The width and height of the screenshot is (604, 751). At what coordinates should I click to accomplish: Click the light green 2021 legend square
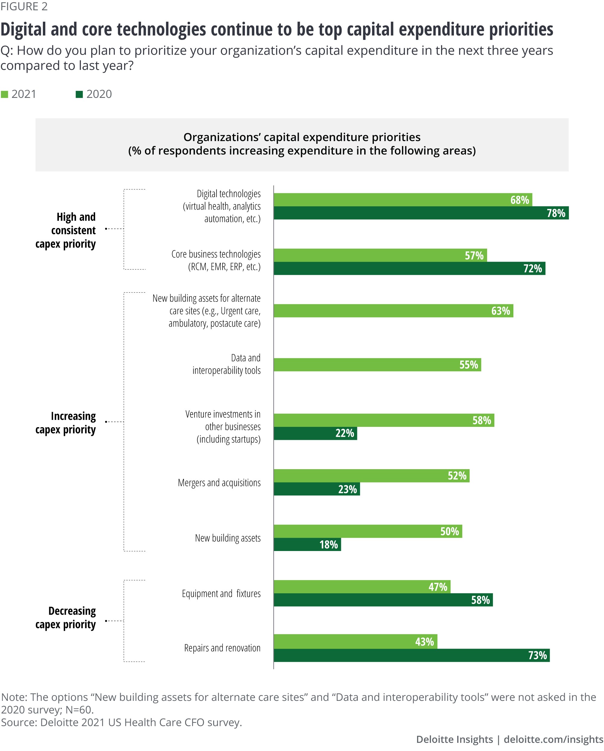[x=5, y=94]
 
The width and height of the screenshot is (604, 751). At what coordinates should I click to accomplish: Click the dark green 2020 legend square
[x=79, y=94]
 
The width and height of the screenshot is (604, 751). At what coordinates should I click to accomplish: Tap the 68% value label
[x=519, y=200]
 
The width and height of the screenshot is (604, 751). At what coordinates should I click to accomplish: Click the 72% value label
[x=532, y=269]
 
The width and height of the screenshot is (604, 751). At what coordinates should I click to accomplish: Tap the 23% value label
[x=347, y=489]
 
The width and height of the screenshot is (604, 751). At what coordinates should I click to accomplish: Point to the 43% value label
[x=424, y=642]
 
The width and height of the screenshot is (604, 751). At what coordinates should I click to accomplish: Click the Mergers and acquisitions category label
[x=219, y=483]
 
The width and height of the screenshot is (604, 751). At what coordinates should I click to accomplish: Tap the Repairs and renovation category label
[x=222, y=648]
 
